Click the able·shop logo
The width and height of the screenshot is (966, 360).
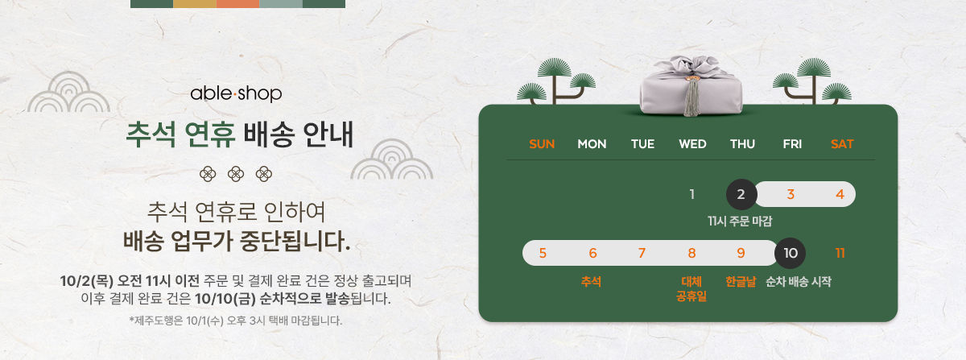coord(236,93)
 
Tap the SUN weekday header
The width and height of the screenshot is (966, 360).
coord(542,144)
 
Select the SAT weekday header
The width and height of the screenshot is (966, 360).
coord(842,144)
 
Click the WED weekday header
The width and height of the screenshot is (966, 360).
coord(692,144)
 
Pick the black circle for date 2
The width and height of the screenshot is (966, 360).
coord(741,194)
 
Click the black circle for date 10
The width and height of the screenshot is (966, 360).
coord(790,253)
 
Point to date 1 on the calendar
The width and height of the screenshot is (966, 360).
coord(692,194)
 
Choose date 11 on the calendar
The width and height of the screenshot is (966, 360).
coord(840,253)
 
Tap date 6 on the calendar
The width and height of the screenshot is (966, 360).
coord(593,253)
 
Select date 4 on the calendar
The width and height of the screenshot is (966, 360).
coord(840,194)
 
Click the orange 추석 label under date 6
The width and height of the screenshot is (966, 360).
coord(591,281)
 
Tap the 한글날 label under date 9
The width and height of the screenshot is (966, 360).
coord(741,281)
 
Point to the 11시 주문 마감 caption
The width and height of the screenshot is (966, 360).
coord(740,221)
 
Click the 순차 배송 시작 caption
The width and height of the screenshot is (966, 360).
coord(799,281)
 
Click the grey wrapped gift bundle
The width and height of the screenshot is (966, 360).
coord(691,86)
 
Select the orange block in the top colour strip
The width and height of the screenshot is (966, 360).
coord(237,3)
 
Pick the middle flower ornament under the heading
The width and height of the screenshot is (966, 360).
coord(236,175)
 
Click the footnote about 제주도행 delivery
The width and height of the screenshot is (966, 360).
coord(235,321)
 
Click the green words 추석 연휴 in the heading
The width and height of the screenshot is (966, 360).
coord(180,134)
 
